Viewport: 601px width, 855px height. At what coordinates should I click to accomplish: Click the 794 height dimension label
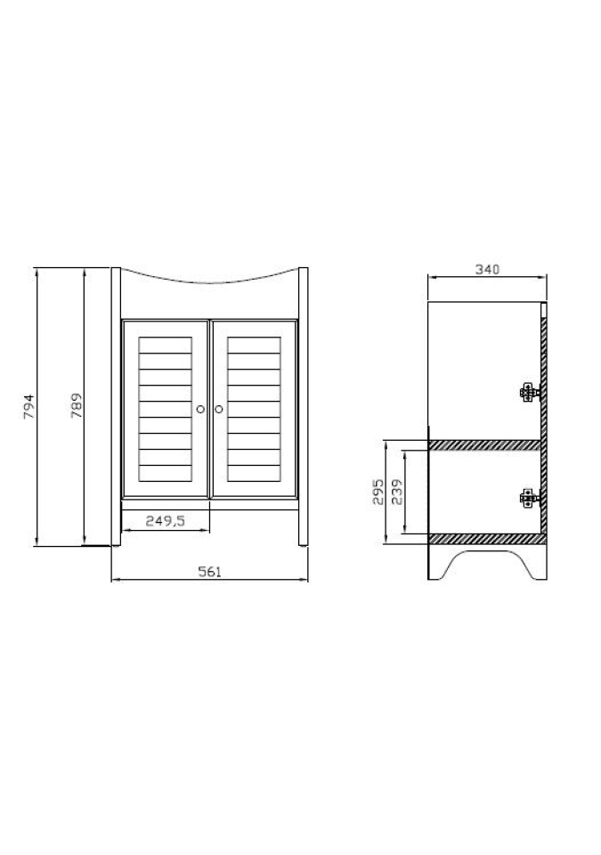point(28,406)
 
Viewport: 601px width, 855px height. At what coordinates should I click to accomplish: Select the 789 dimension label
point(77,406)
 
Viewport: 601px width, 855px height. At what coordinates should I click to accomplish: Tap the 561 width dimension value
point(209,572)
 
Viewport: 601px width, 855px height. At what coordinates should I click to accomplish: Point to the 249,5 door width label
point(166,521)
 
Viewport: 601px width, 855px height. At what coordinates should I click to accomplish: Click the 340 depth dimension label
point(487,269)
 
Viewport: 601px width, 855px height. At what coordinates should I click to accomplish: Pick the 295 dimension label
point(378,492)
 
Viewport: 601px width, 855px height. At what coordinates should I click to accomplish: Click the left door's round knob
point(200,409)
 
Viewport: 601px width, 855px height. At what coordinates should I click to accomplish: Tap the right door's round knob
point(219,409)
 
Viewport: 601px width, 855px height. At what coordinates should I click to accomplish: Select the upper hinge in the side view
point(529,392)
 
